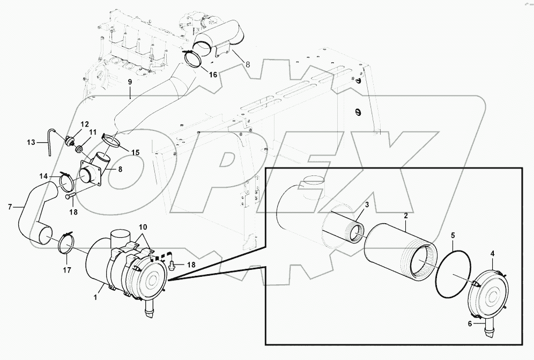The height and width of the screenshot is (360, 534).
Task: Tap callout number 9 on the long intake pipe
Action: click(129, 82)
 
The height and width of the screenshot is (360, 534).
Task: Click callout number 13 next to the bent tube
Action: click(31, 142)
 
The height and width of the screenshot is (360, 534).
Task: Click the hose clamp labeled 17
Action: click(65, 241)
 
